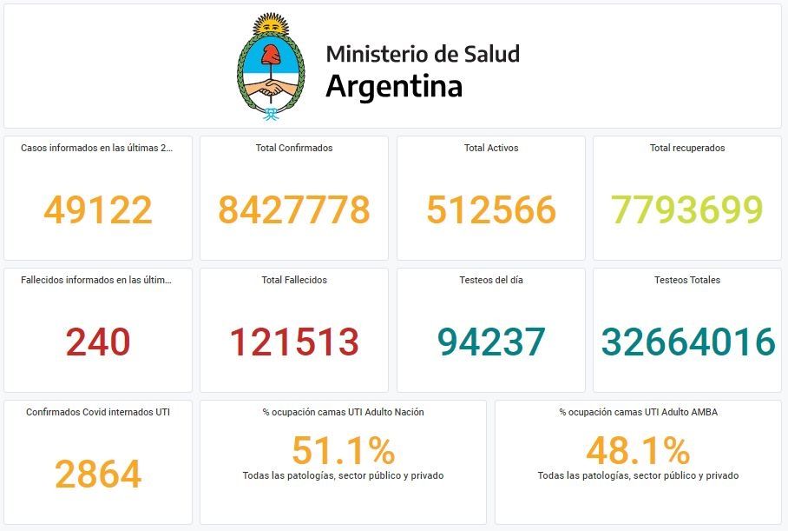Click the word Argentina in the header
[394, 86]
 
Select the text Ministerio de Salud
[423, 54]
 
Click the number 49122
[98, 209]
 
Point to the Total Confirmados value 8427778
[294, 209]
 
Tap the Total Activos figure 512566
[491, 209]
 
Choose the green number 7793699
[687, 209]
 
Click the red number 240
[98, 342]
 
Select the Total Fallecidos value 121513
[294, 342]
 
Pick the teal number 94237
[491, 342]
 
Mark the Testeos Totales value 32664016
[687, 342]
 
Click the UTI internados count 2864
[98, 474]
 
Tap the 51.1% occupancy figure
[343, 450]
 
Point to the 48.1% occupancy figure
[638, 450]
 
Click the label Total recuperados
[687, 148]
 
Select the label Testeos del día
[491, 280]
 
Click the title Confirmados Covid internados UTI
[98, 412]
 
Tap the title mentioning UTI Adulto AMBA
[638, 412]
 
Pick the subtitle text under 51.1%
[343, 475]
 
